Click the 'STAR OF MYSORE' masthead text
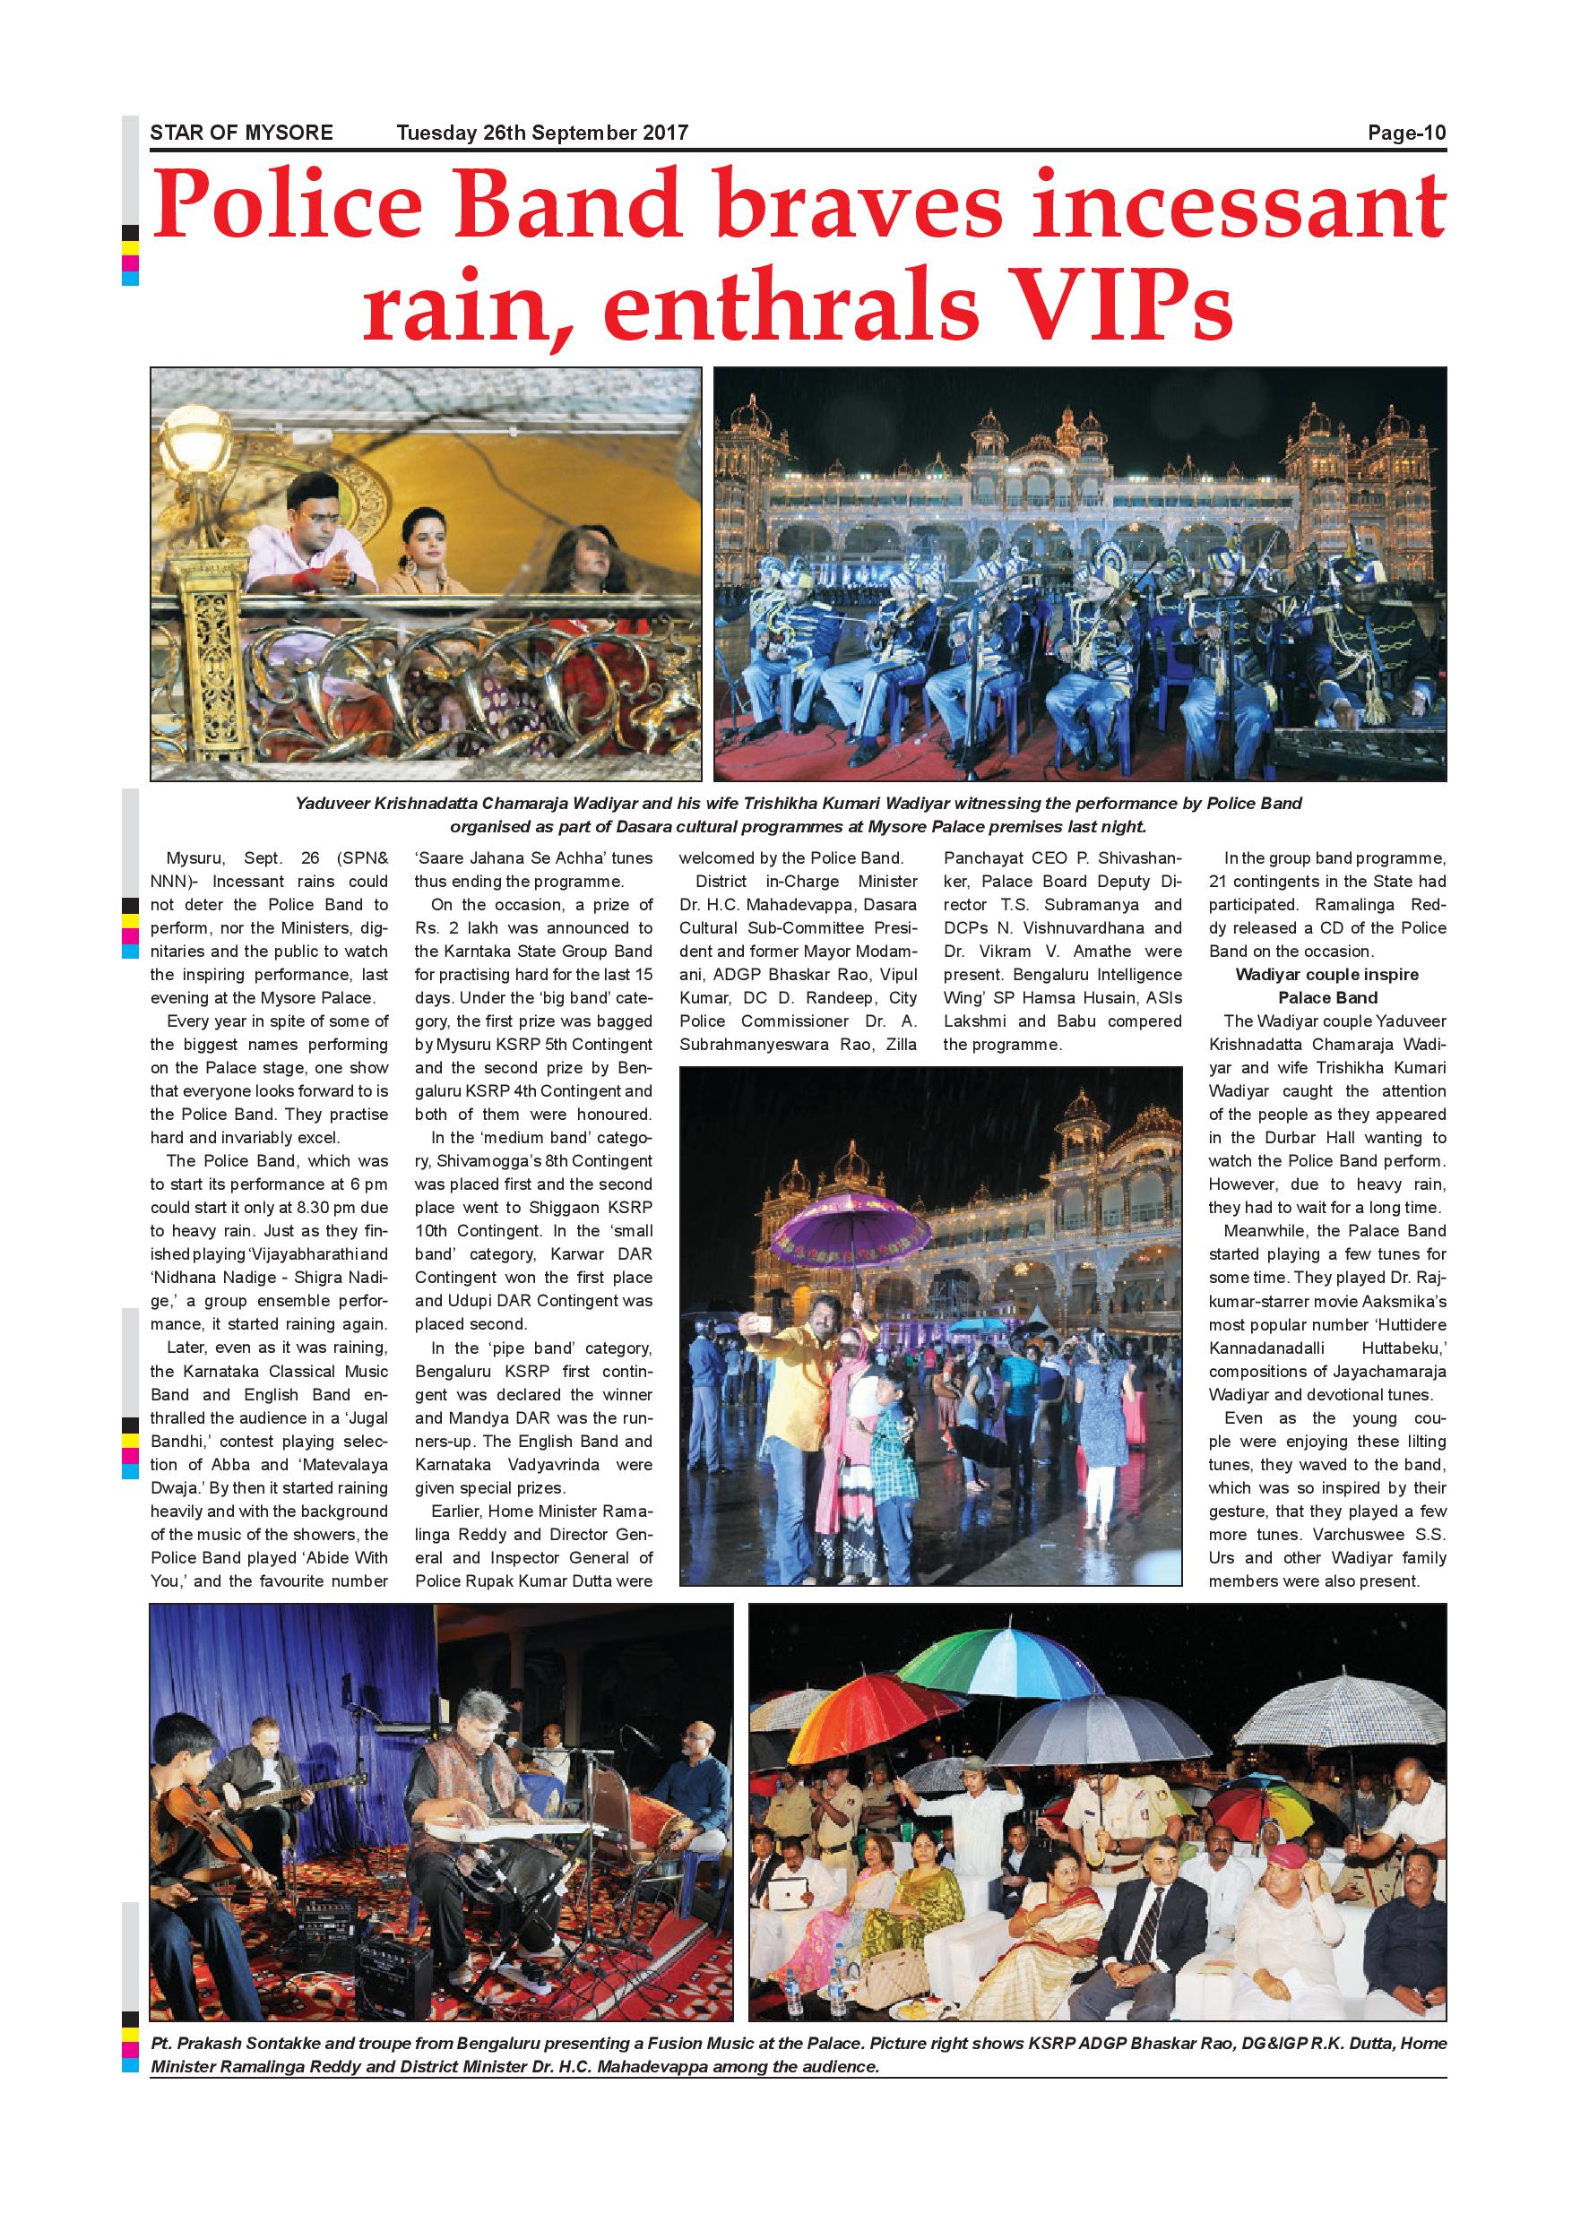[x=241, y=133]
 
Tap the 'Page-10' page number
[x=1406, y=133]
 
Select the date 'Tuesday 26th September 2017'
[x=542, y=133]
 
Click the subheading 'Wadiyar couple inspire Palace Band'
[x=1327, y=986]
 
